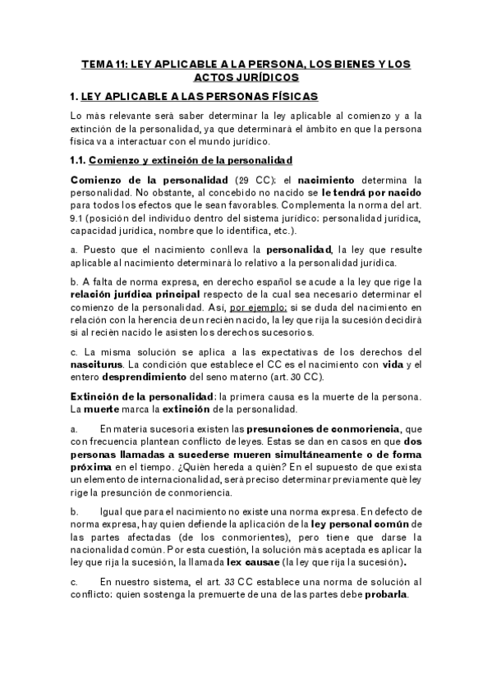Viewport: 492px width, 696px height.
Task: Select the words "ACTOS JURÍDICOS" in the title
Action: click(x=246, y=76)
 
